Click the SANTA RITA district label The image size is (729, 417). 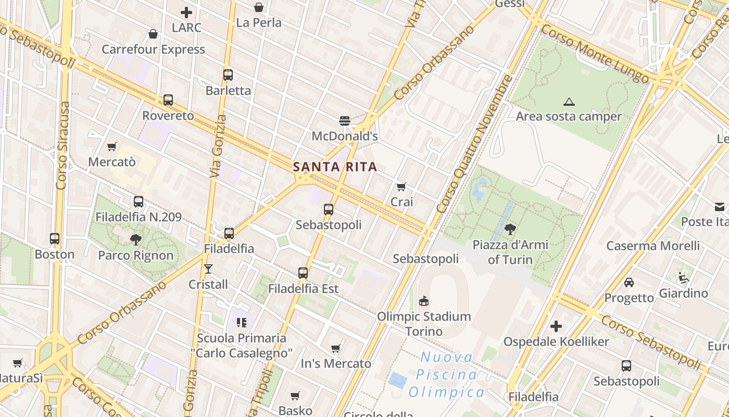coord(334,167)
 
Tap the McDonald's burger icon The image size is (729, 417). coord(344,121)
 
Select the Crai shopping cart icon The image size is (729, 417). coord(401,187)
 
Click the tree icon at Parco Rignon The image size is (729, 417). coord(136,240)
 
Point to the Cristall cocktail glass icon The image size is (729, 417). coord(208,269)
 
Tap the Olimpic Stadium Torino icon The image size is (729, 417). coord(424,301)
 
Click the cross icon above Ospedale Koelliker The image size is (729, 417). coord(556,327)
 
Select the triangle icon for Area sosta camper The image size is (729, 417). coord(569,102)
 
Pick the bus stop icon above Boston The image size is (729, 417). coord(55,239)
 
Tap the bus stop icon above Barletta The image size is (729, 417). coord(228,75)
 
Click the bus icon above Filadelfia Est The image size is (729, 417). coord(303,273)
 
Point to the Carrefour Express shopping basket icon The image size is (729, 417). coord(153,34)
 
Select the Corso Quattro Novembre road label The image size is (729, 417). coord(474,144)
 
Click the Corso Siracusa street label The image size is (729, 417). coord(63,146)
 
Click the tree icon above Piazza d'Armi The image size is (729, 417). coord(510,229)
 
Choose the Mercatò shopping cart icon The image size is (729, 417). coord(111,147)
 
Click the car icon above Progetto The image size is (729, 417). coord(629,283)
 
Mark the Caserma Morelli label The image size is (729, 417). coord(653,246)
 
